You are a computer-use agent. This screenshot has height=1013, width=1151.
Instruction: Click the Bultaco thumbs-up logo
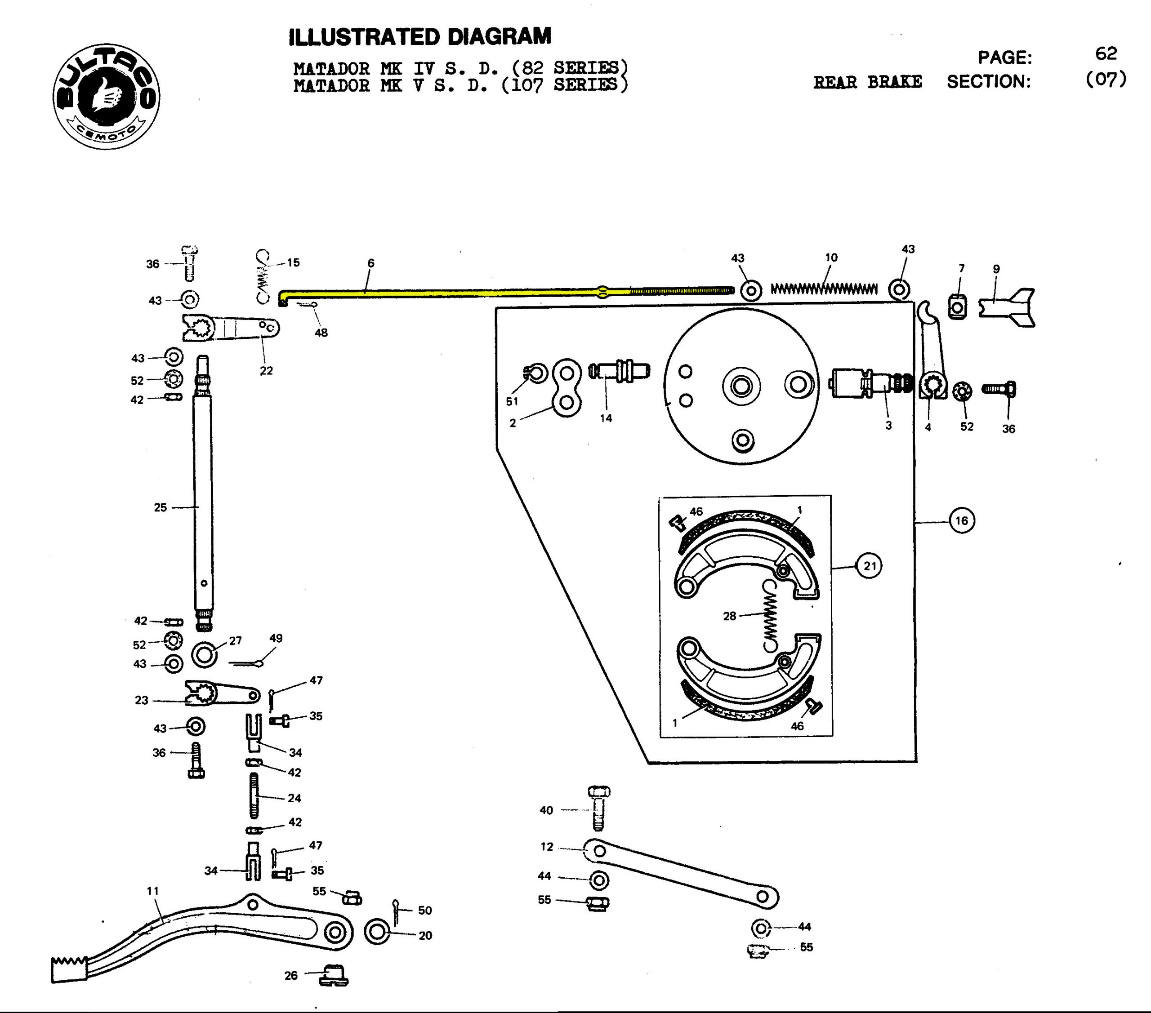[x=107, y=96]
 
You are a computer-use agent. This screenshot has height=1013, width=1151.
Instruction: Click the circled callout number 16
[x=961, y=520]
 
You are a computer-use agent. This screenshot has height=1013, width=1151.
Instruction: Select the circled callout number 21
[x=870, y=565]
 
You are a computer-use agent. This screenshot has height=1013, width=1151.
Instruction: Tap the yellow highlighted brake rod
[x=451, y=292]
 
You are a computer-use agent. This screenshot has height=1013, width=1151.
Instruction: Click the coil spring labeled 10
[x=824, y=289]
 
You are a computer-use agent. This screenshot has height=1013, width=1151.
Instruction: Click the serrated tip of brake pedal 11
[x=69, y=968]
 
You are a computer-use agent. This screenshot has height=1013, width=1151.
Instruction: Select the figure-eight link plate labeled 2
[x=567, y=388]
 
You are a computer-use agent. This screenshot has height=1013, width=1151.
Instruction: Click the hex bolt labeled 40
[x=598, y=808]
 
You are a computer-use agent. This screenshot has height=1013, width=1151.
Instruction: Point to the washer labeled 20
[x=377, y=933]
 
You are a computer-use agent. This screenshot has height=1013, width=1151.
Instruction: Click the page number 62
[x=1106, y=54]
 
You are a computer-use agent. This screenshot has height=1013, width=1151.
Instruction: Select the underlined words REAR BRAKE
[x=867, y=82]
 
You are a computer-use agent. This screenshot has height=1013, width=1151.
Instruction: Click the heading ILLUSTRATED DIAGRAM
[x=419, y=37]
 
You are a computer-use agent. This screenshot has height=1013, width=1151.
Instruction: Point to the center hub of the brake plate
[x=741, y=386]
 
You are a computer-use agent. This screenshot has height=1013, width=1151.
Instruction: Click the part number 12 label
[x=547, y=846]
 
